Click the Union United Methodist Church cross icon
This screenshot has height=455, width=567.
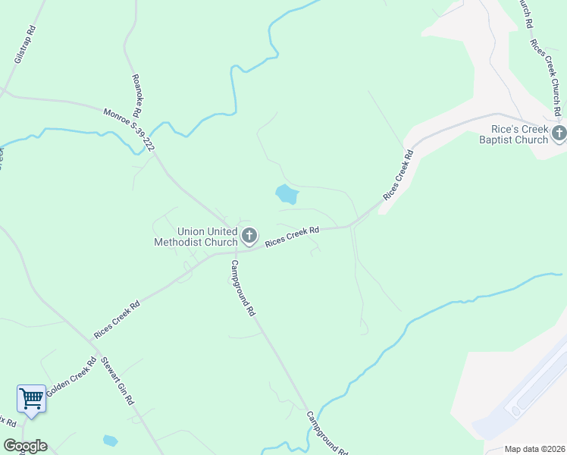249,236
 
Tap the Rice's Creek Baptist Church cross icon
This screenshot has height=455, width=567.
559,134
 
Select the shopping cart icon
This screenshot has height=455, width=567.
31,398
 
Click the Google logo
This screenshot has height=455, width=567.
25,446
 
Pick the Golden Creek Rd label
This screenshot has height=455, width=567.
70,378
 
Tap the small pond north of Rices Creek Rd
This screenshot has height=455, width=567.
287,194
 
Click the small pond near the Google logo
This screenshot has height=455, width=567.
111,440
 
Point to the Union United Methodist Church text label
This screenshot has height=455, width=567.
196,237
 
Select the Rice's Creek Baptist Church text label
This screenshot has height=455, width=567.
514,134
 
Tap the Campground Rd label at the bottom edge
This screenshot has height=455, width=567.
327,433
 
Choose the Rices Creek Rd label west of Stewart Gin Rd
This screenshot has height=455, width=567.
117,321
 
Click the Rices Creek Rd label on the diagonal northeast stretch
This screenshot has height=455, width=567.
398,175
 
